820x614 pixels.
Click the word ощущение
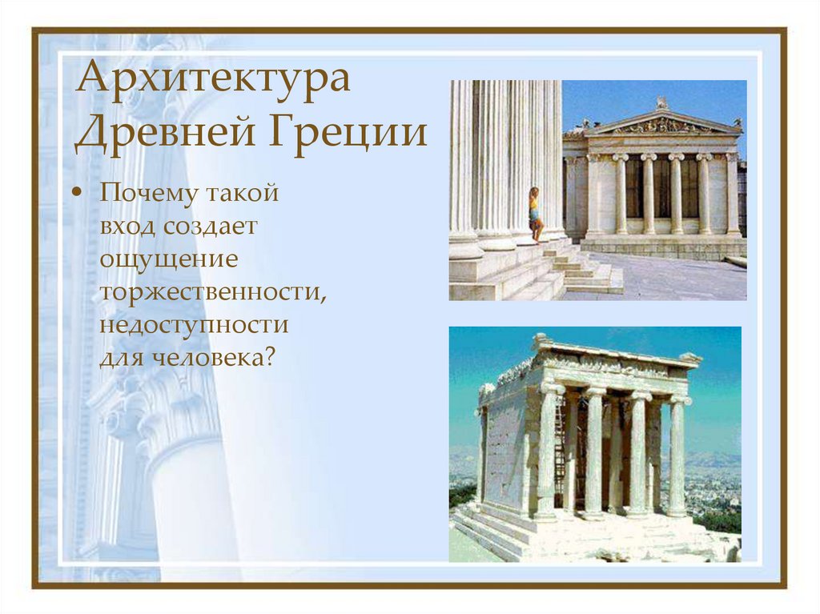click(169, 259)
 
